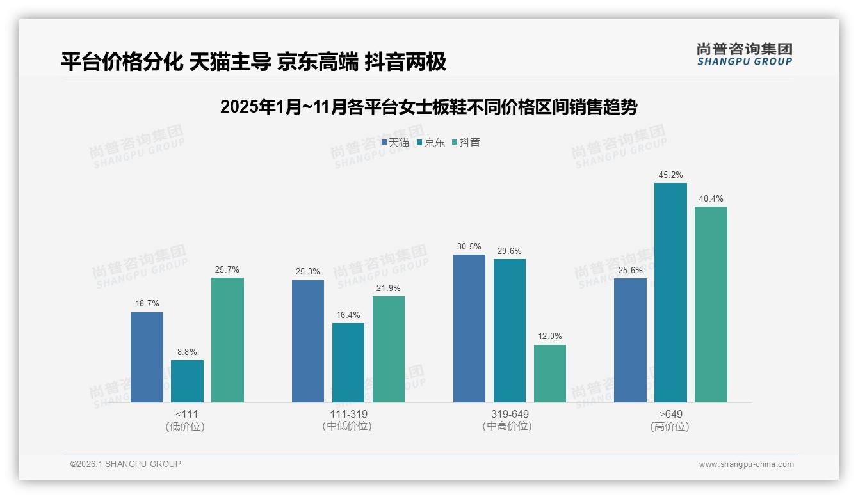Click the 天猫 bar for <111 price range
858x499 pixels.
pyautogui.click(x=147, y=357)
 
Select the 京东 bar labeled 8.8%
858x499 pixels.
pyautogui.click(x=187, y=381)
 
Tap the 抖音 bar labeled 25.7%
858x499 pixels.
pyautogui.click(x=227, y=340)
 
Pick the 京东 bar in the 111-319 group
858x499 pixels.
pyautogui.click(x=348, y=363)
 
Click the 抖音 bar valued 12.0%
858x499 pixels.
pyautogui.click(x=550, y=374)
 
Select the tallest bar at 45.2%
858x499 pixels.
pyautogui.click(x=670, y=292)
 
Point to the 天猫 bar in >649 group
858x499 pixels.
pyautogui.click(x=630, y=340)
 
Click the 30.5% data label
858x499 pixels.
pyautogui.click(x=469, y=246)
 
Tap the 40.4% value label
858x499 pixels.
pyautogui.click(x=711, y=198)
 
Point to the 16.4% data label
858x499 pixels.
pyautogui.click(x=348, y=315)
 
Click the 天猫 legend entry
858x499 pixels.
pyautogui.click(x=395, y=143)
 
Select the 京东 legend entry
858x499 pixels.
pyautogui.click(x=431, y=143)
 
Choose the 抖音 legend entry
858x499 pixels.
pyautogui.click(x=467, y=143)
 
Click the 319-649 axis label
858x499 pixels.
pyautogui.click(x=510, y=414)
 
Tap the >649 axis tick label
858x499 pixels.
pyautogui.click(x=670, y=414)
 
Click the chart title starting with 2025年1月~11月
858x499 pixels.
pyautogui.click(x=428, y=107)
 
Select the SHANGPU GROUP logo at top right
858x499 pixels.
pyautogui.click(x=744, y=54)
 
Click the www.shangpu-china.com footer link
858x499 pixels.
pyautogui.click(x=746, y=464)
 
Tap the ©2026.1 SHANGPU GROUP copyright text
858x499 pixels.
pyautogui.click(x=125, y=464)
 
